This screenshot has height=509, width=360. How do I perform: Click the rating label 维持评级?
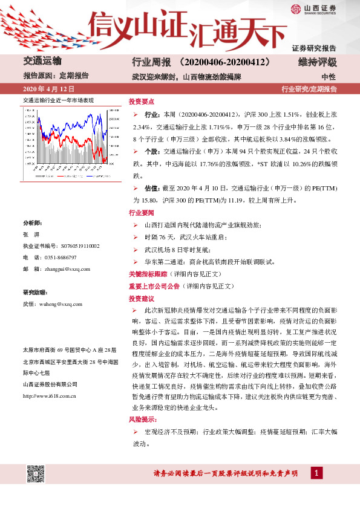[317, 62]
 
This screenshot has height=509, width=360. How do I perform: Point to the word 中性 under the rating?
[329, 77]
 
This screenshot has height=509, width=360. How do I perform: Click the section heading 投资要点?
[141, 101]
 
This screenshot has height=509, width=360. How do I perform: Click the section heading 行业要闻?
[141, 213]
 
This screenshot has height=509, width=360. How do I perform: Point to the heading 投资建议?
[141, 299]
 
